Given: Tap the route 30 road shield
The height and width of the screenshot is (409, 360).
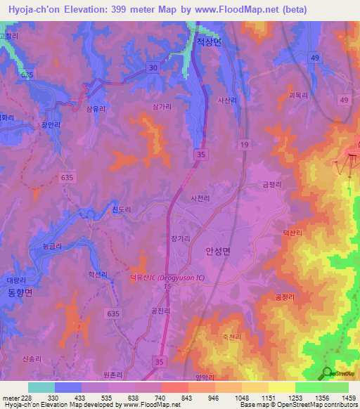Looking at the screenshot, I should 153,67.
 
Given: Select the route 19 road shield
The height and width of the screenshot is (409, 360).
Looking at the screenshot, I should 244,144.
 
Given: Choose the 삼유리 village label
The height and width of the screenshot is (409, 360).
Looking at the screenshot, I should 96,110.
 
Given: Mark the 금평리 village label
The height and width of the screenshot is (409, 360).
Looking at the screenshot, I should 272,184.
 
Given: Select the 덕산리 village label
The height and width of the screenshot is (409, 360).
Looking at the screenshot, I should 292,233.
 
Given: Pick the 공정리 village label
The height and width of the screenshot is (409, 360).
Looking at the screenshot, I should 285,297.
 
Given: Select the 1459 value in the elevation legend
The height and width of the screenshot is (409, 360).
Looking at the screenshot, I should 340,397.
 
